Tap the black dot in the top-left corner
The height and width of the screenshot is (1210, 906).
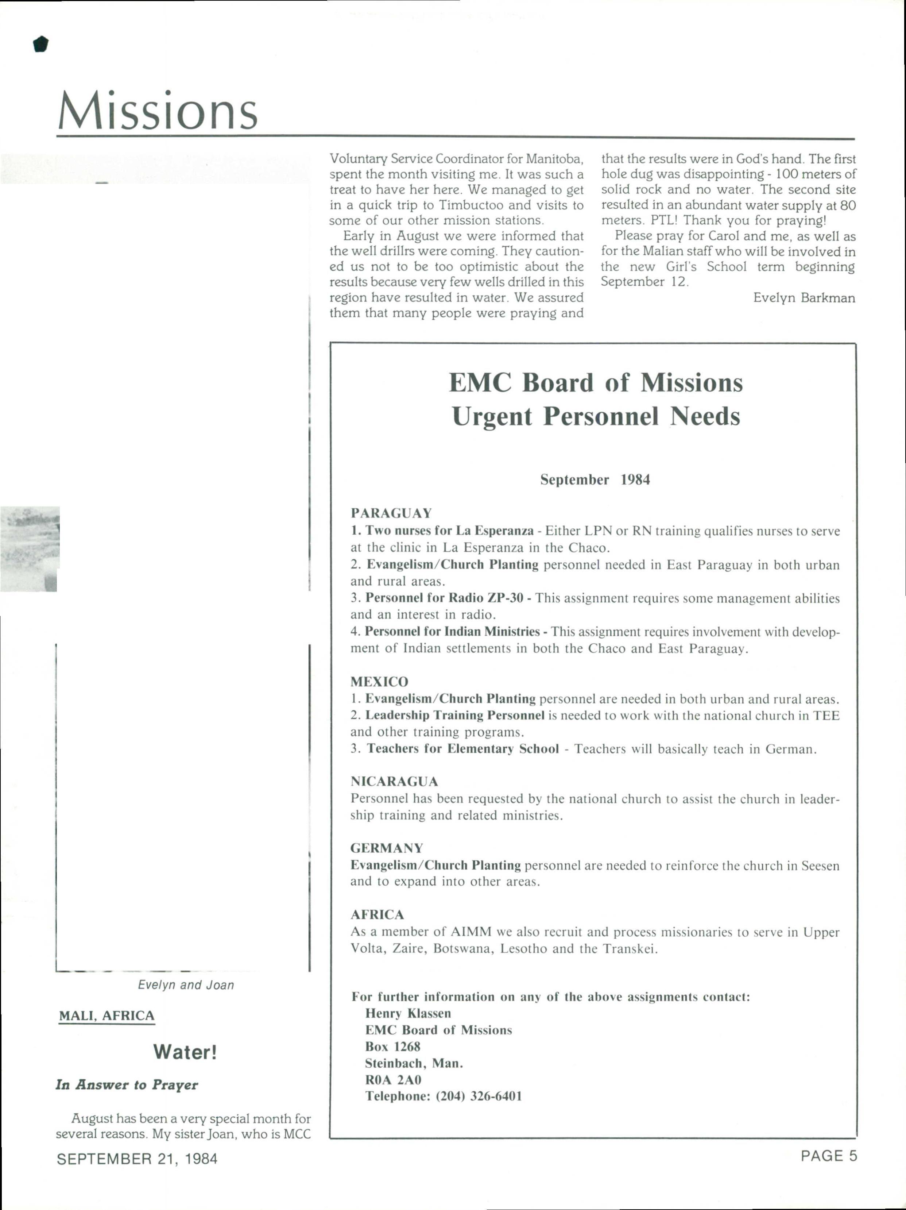tap(40, 44)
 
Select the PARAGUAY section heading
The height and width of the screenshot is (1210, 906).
tap(391, 513)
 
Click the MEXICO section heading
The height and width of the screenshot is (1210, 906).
tap(379, 682)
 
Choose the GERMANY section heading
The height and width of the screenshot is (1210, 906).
tap(387, 848)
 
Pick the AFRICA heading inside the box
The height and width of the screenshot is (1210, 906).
tap(377, 914)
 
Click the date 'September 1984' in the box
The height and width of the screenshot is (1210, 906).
tap(595, 480)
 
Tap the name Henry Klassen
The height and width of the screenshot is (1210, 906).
tap(408, 1013)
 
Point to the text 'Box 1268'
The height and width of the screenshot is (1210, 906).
tap(392, 1047)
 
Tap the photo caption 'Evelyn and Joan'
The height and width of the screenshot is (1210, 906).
tap(186, 984)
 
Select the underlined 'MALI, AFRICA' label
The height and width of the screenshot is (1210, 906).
tap(107, 1016)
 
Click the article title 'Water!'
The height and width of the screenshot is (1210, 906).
tap(185, 1052)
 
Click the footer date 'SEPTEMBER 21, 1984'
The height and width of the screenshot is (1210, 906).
tap(137, 1159)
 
